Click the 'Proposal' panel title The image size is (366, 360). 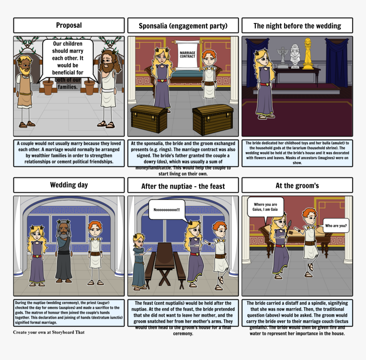pyautogui.click(x=69, y=25)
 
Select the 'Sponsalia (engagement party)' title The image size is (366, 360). pyautogui.click(x=183, y=26)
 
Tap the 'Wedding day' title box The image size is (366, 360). pyautogui.click(x=69, y=185)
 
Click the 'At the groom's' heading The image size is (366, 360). pyautogui.click(x=297, y=185)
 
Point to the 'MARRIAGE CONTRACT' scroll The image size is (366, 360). pyautogui.click(x=187, y=55)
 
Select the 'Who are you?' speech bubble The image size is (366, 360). pyautogui.click(x=336, y=225)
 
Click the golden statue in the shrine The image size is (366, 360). pyautogui.click(x=307, y=53)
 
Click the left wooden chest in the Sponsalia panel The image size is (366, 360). pyautogui.click(x=149, y=119)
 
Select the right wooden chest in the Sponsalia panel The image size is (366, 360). pyautogui.click(x=212, y=119)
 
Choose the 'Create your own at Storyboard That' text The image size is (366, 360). pyautogui.click(x=49, y=332)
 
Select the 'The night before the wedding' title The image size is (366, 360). pyautogui.click(x=297, y=26)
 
